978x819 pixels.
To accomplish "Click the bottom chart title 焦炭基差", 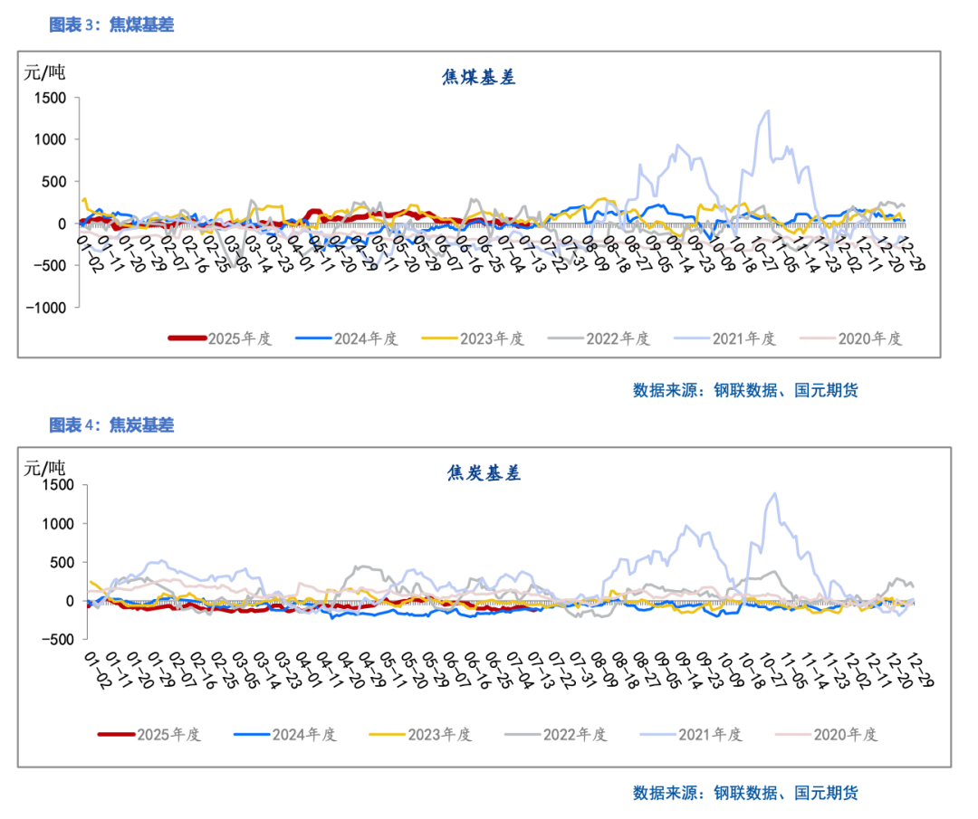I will point(484,472).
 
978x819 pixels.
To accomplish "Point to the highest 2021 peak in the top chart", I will point(768,111).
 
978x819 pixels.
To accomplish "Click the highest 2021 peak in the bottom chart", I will point(774,494).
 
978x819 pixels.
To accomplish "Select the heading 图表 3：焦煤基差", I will point(111,25).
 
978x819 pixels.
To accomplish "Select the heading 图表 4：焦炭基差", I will point(111,424).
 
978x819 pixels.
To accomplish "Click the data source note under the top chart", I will point(744,390).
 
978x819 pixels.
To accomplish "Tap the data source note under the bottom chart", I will point(744,793).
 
